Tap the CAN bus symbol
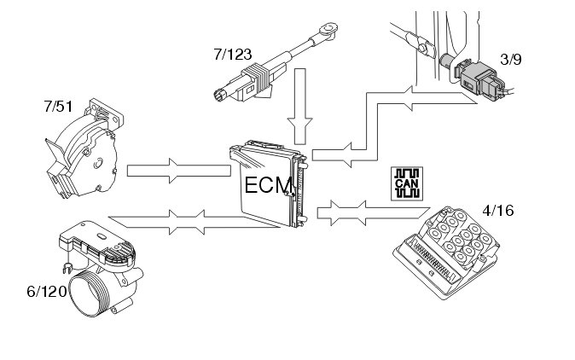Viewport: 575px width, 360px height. pyautogui.click(x=404, y=183)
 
